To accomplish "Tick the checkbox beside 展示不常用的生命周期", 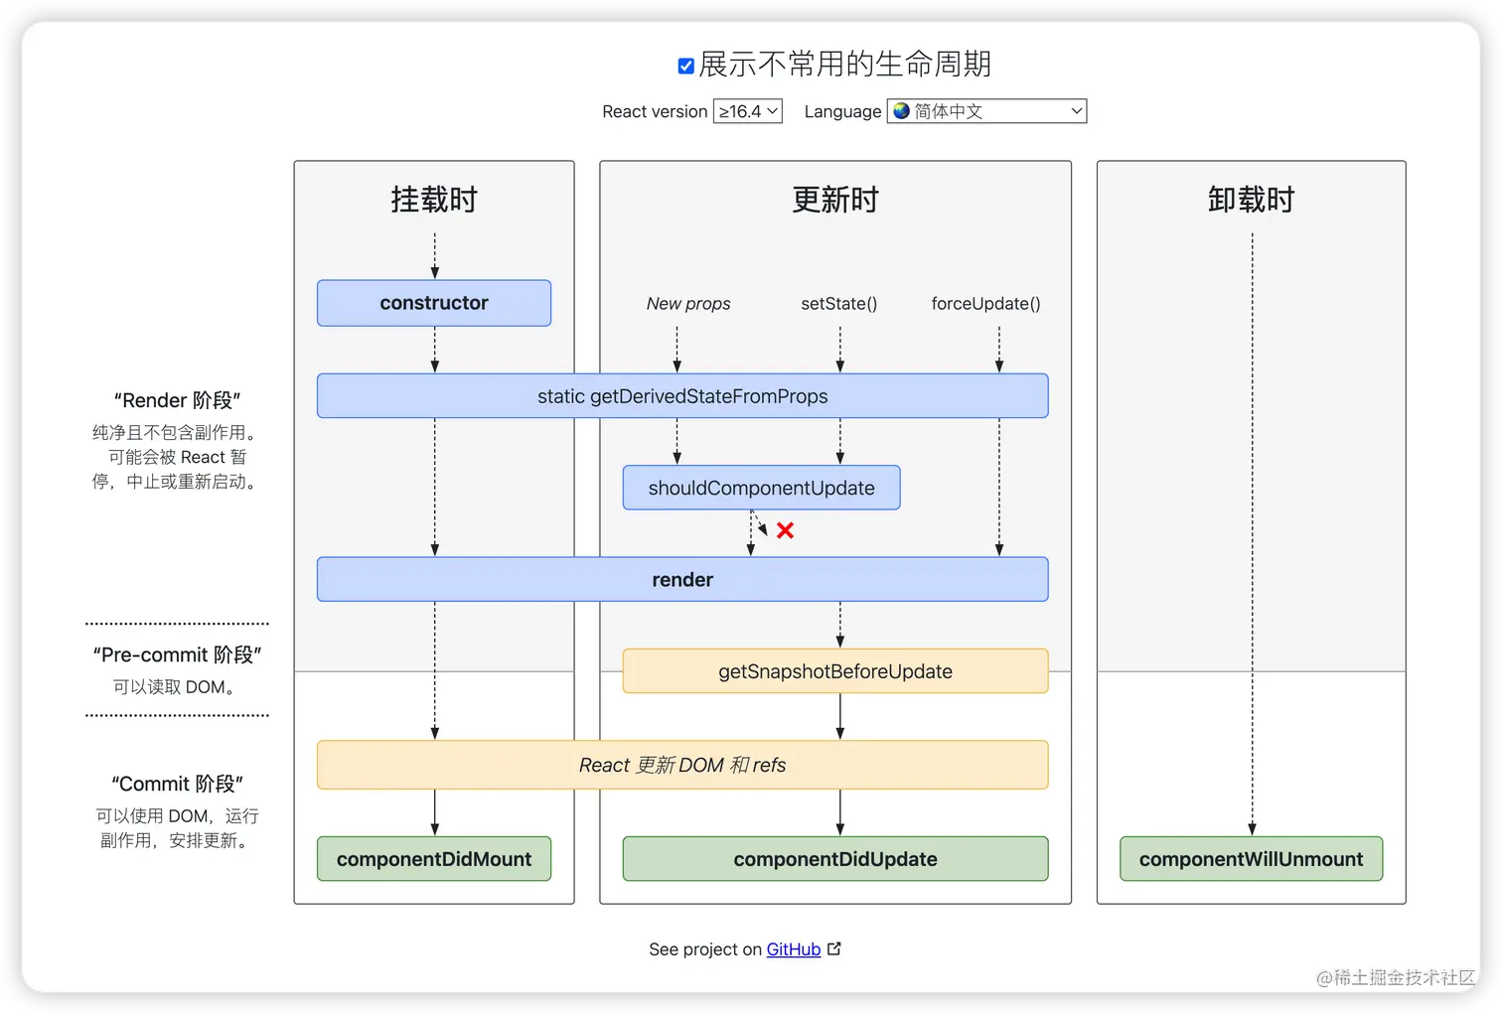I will point(686,67).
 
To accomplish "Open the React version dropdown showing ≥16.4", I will point(747,111).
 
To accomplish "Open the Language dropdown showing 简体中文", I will point(986,111).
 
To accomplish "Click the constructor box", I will point(434,303).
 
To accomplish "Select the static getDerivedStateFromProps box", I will point(682,396).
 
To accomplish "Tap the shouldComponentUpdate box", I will point(761,488).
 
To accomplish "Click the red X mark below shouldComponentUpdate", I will point(785,530).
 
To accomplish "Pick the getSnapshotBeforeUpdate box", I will point(834,671).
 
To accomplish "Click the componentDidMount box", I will point(434,859).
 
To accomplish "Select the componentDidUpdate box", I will point(834,859).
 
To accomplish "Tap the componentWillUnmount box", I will point(1251,859).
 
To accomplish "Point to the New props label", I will point(688,304).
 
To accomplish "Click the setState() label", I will point(839,304).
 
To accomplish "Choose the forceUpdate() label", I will point(985,304).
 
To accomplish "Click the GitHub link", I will point(793,949).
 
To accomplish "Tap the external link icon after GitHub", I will point(834,948).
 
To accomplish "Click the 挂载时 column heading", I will point(434,200).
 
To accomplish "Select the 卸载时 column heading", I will point(1251,200).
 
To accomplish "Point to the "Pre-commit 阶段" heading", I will point(177,654).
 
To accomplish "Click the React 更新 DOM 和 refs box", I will point(682,765).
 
